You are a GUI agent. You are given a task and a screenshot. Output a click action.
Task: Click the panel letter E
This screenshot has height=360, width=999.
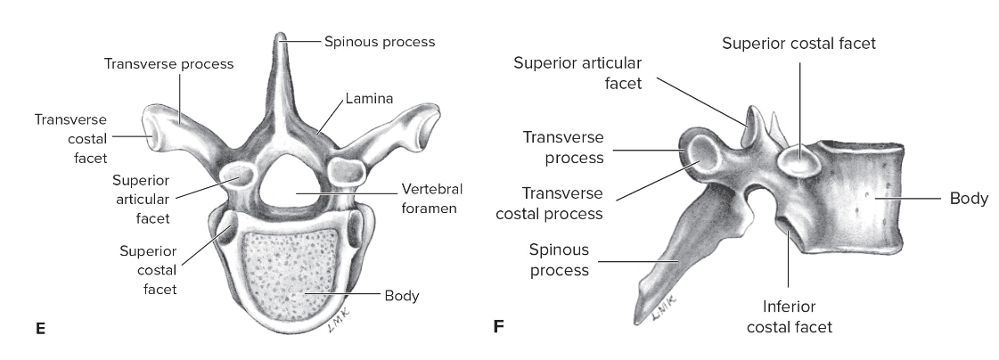coord(40,329)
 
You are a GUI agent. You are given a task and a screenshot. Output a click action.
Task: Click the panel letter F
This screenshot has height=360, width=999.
coord(499,329)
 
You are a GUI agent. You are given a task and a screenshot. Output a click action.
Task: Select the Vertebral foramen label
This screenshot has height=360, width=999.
coord(427,199)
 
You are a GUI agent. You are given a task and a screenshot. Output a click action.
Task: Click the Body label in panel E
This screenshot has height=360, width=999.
coord(402,294)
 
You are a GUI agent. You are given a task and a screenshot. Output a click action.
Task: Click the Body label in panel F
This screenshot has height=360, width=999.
coord(969,198)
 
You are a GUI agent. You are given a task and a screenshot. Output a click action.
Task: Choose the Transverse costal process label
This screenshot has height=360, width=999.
coord(562,203)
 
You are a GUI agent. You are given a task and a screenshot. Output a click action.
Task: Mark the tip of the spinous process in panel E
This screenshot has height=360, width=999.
coord(283,37)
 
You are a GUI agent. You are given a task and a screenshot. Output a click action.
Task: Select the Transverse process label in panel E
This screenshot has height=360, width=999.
coord(168,64)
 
